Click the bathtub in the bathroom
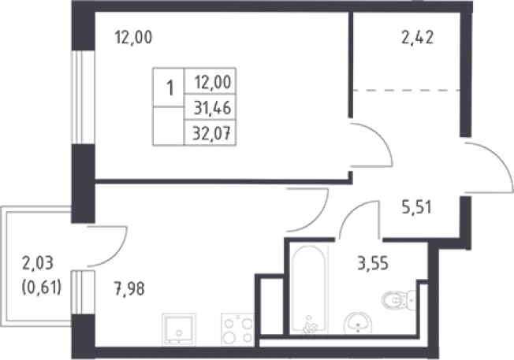click(x=309, y=289)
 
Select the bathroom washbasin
click(x=358, y=322)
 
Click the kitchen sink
click(x=179, y=329)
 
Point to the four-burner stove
click(x=237, y=329)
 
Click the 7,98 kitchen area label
click(x=129, y=289)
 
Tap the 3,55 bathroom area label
click(x=373, y=263)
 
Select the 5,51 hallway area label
click(x=417, y=207)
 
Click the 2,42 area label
click(x=417, y=38)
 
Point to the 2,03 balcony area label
click(x=37, y=263)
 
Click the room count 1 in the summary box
click(x=169, y=88)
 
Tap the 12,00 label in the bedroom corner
click(x=133, y=38)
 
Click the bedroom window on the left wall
click(x=83, y=98)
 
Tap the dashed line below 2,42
click(x=406, y=90)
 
